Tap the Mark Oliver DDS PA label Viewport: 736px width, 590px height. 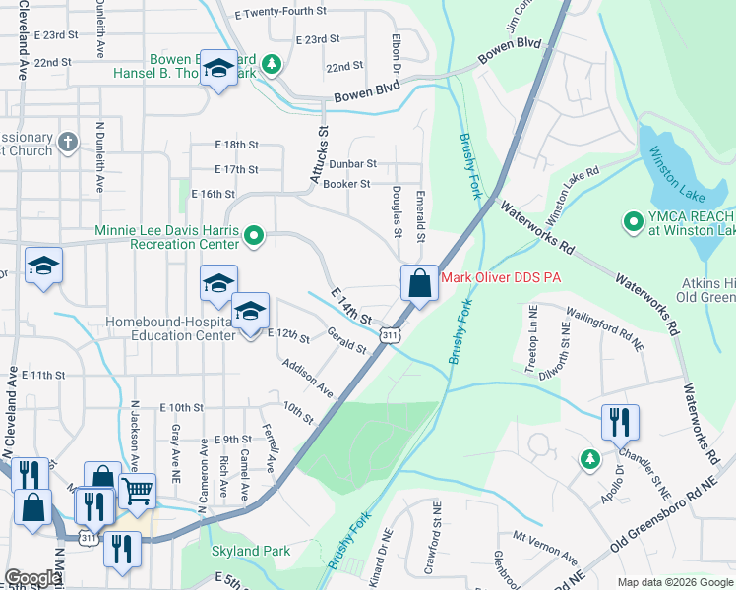500,278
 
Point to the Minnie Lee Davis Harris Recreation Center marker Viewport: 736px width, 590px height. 253,234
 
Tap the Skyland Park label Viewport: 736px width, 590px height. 251,552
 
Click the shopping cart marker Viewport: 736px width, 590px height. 137,489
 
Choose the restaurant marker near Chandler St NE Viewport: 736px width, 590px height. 620,421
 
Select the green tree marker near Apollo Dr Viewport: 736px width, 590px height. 589,459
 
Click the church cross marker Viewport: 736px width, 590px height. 67,143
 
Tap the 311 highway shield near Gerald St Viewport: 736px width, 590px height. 391,335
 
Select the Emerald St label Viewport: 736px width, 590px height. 420,216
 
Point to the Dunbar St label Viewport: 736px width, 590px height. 352,164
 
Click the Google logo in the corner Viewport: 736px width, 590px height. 33,578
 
